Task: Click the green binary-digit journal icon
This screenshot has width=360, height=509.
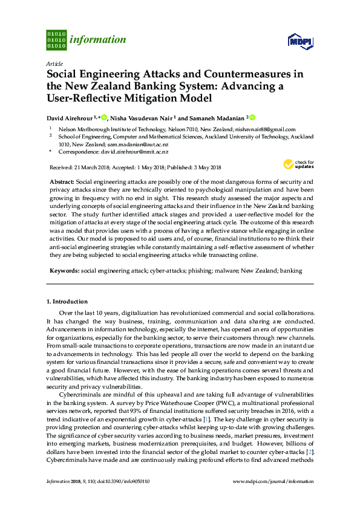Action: [x=56, y=40]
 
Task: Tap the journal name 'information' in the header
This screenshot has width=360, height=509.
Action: [x=98, y=41]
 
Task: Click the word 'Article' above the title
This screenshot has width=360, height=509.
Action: [x=54, y=63]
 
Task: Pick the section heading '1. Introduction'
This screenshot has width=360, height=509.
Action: [x=67, y=301]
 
